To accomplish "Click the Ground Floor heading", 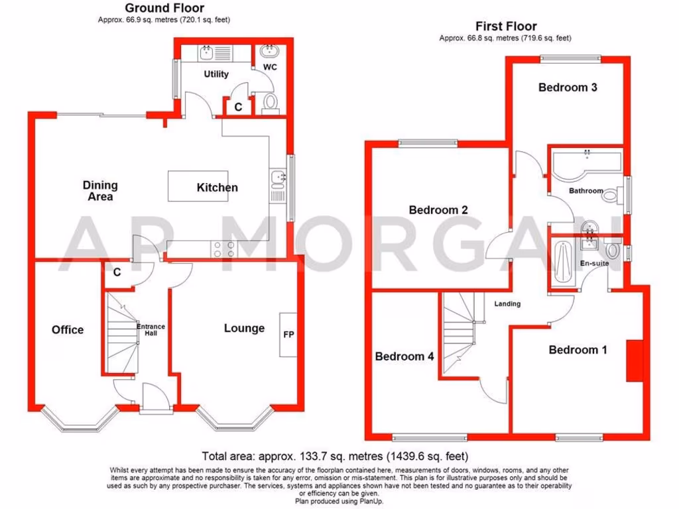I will [x=165, y=8].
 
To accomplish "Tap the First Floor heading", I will [x=505, y=27].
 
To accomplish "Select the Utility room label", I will [x=216, y=74].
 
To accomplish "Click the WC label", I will [x=270, y=68].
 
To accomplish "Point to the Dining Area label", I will [x=100, y=190].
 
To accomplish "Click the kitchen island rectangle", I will [x=194, y=186].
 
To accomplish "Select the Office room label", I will [x=68, y=329].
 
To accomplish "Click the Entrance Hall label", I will [x=151, y=329].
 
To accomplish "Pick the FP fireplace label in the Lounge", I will [x=288, y=335].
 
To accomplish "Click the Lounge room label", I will [x=244, y=328].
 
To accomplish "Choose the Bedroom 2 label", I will [x=438, y=210].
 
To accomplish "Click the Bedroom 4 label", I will [x=404, y=357].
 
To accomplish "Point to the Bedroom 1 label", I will [x=578, y=349].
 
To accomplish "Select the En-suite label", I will [x=593, y=263].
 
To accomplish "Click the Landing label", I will [x=507, y=304].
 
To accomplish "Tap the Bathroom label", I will [x=586, y=191].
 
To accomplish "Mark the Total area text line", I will [x=336, y=456].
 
